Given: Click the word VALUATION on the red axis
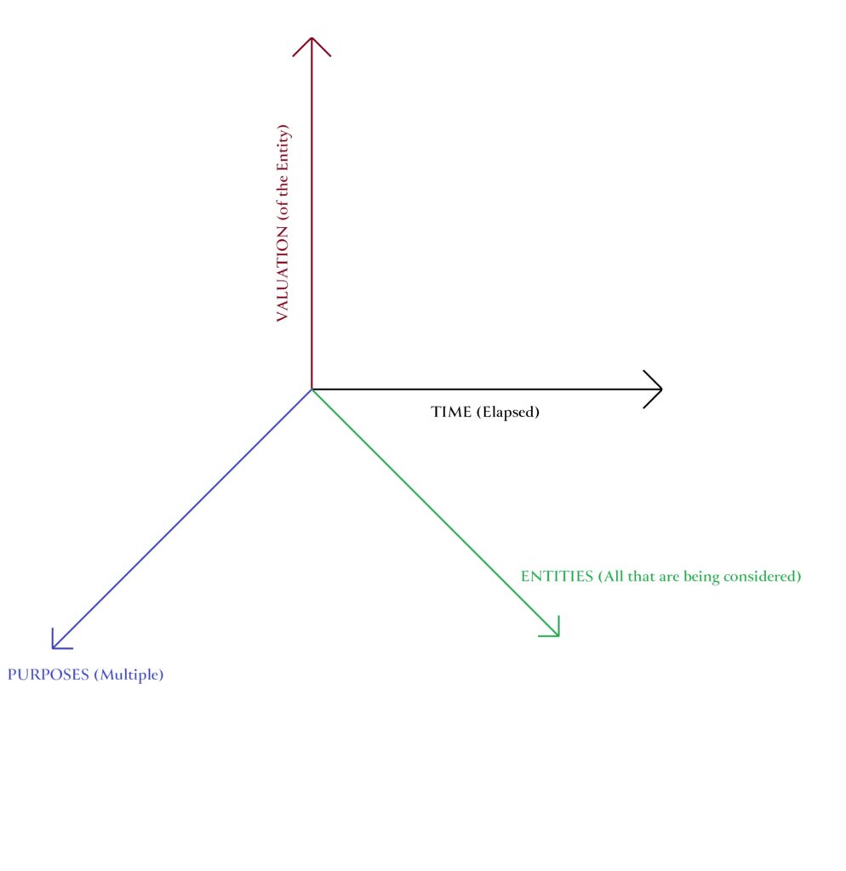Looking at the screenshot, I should tap(283, 275).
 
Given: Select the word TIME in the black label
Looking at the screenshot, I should tap(450, 413).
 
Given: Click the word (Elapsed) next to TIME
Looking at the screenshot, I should tap(507, 413).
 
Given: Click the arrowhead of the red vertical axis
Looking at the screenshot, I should tap(312, 41).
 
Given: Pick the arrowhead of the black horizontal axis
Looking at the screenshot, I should tap(659, 390).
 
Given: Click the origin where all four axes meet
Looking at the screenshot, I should tap(312, 390).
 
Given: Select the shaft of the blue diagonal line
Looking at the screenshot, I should tap(183, 518).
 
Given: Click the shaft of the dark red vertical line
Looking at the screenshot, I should tap(312, 213).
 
